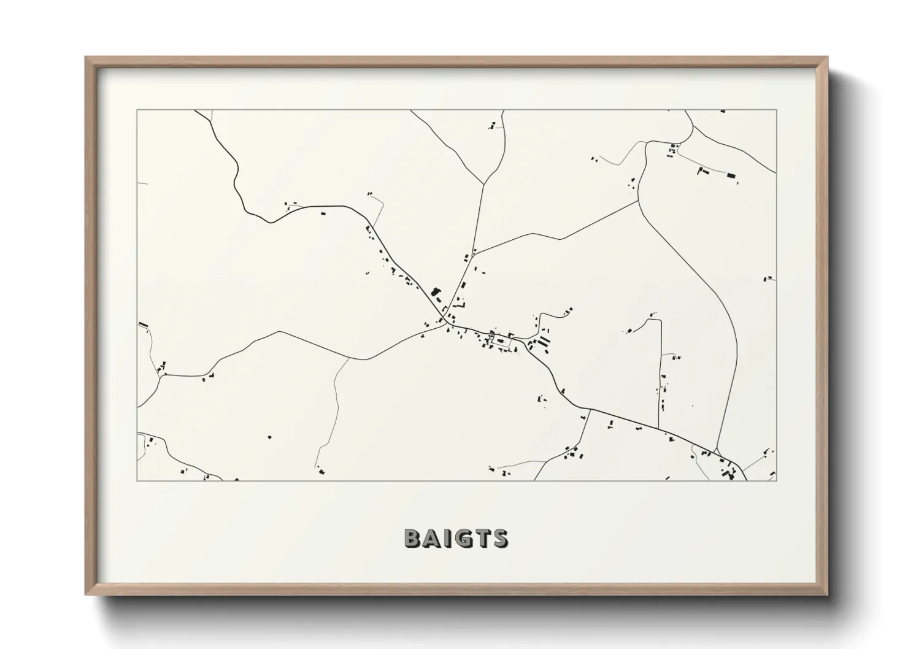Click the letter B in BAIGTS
pos(413,538)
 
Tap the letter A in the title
pos(432,538)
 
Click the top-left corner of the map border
pos(137,110)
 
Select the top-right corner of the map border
pos(777,110)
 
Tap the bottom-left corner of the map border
pos(137,480)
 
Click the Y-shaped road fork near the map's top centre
pos(485,183)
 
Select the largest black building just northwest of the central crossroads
pos(436,292)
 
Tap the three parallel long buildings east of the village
pos(543,341)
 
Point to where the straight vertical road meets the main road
pos(658,428)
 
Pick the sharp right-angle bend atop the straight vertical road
pos(660,320)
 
